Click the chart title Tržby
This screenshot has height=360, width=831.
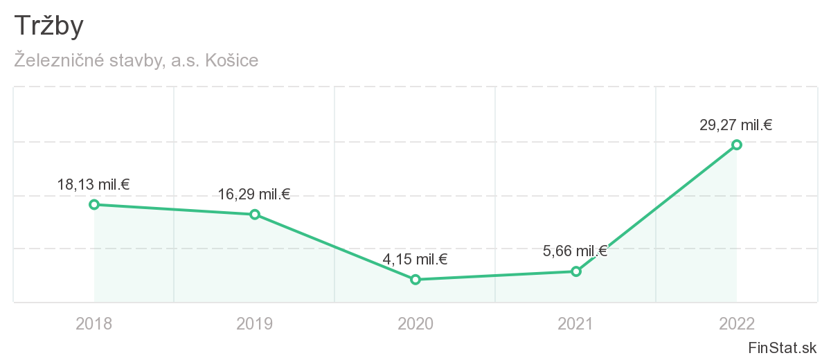[48, 26]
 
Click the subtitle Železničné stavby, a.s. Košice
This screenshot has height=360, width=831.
[136, 61]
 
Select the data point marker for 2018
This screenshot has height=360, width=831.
[94, 204]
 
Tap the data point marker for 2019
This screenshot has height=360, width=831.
[255, 215]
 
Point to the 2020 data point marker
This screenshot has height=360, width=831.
[415, 280]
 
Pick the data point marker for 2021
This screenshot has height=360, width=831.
[576, 271]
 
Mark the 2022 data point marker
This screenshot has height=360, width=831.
[737, 145]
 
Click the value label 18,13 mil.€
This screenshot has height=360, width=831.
[94, 185]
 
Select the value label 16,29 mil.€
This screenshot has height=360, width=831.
[254, 195]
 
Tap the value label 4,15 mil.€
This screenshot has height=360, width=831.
[415, 260]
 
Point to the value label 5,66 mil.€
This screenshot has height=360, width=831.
[575, 251]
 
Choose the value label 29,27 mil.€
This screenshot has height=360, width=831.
[736, 125]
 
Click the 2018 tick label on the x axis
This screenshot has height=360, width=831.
[93, 323]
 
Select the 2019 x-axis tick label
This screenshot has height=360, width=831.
[254, 323]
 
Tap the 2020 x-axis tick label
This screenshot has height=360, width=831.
[415, 323]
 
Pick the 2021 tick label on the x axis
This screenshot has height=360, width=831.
[575, 323]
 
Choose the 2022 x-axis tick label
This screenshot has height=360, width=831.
[736, 323]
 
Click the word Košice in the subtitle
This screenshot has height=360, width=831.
[232, 61]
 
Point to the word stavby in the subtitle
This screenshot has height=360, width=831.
[140, 61]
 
